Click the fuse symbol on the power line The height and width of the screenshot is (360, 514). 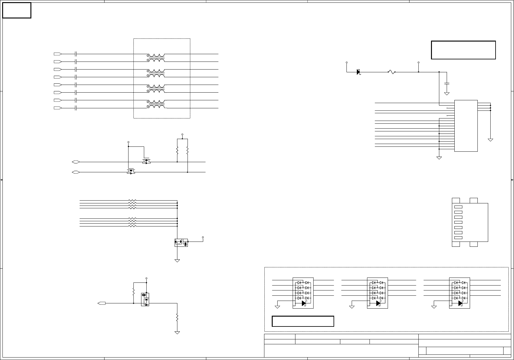pyautogui.click(x=391, y=72)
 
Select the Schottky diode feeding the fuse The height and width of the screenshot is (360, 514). pyautogui.click(x=358, y=72)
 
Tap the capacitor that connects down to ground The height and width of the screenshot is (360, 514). pyautogui.click(x=447, y=83)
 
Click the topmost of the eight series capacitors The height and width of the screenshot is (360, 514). pyautogui.click(x=76, y=54)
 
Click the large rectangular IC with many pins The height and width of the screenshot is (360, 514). pyautogui.click(x=466, y=126)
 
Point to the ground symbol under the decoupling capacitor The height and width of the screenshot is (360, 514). pyautogui.click(x=447, y=94)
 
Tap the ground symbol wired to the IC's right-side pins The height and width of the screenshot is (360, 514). pyautogui.click(x=490, y=140)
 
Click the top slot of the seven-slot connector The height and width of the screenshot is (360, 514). pyautogui.click(x=458, y=207)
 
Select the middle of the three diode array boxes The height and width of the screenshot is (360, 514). pyautogui.click(x=377, y=293)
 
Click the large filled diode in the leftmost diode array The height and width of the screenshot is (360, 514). pyautogui.click(x=304, y=303)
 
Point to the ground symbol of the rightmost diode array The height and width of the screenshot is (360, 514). pyautogui.click(x=434, y=306)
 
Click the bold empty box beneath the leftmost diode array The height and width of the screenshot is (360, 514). pyautogui.click(x=303, y=321)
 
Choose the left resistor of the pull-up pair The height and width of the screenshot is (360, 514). pyautogui.click(x=177, y=150)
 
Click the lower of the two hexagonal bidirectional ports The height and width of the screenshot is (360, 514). pyautogui.click(x=76, y=172)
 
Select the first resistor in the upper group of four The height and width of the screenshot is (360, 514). pyautogui.click(x=132, y=201)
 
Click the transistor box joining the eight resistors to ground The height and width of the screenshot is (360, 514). pyautogui.click(x=181, y=242)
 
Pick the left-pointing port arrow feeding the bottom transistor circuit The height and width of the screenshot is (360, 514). pyautogui.click(x=101, y=303)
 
